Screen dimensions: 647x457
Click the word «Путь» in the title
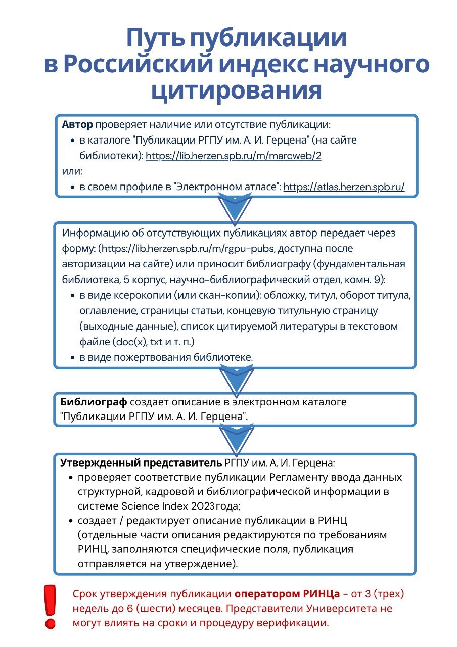point(154,39)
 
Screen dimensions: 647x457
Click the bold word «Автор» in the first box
point(77,124)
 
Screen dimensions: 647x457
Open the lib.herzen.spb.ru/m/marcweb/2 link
point(234,156)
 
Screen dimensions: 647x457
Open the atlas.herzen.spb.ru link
point(344,187)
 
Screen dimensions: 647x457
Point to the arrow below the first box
point(235,208)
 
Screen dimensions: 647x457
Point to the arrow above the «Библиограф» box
point(235,379)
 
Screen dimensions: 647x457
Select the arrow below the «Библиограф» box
point(235,438)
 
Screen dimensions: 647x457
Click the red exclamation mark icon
point(50,606)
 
